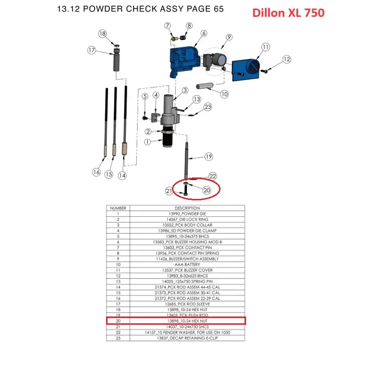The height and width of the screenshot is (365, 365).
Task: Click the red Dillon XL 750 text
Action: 288,13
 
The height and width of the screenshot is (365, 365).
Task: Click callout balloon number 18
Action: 102,34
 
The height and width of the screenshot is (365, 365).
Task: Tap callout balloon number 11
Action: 266,47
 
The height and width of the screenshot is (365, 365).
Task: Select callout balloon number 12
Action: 286,59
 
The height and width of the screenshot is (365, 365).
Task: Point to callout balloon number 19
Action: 209,156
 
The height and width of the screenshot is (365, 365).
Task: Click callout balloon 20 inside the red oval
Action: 207,190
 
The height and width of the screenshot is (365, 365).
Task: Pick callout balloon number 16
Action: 97,172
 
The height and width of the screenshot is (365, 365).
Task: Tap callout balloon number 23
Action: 208,107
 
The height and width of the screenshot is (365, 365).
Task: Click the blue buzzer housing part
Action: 185,62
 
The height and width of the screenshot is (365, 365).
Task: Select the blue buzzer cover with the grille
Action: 246,70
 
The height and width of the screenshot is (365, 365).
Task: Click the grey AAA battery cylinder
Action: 204,86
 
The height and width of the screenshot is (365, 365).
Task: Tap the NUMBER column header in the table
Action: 118,208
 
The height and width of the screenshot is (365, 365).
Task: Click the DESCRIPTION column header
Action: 187,208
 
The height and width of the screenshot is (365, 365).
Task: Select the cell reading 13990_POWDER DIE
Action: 187,214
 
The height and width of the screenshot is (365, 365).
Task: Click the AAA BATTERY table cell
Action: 187,264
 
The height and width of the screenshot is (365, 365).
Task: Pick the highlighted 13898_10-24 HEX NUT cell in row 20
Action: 187,321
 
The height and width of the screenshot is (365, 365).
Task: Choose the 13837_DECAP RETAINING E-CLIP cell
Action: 187,338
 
